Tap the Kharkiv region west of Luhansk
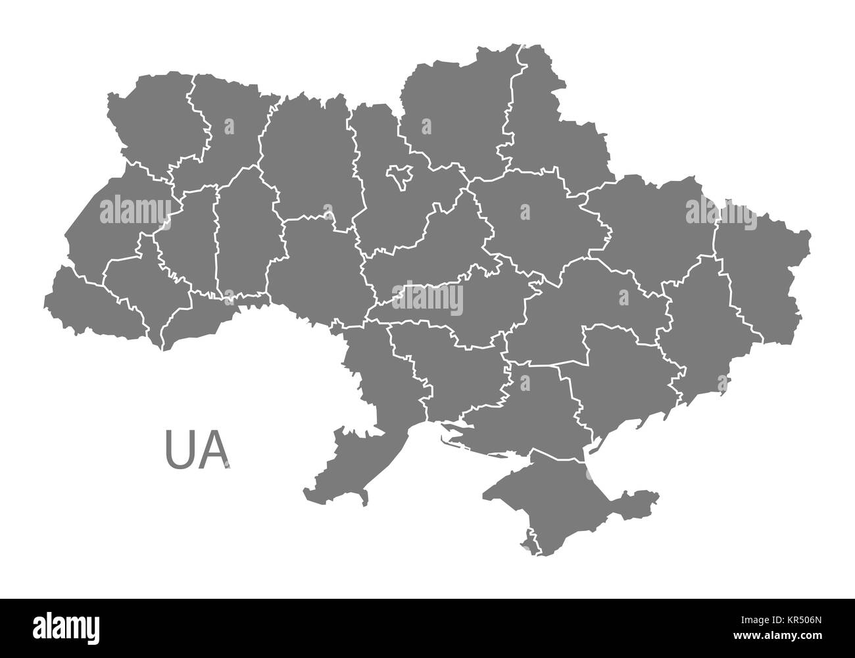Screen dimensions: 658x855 tap(651, 224)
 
